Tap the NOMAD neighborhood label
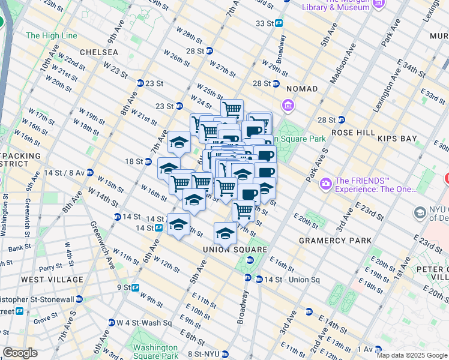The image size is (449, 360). tap(301, 89)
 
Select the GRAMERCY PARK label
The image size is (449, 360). tap(329, 241)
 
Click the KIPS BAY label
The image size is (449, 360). tap(397, 139)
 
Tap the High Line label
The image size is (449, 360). tap(51, 35)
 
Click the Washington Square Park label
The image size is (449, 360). tap(155, 352)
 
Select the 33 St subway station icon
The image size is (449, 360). tap(279, 23)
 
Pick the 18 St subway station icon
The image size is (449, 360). tap(148, 161)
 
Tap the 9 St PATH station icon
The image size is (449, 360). tap(136, 287)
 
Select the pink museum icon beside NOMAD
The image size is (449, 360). tap(288, 106)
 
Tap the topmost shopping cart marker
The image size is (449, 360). tap(231, 109)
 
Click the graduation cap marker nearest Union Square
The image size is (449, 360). tap(225, 232)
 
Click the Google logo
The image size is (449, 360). tap(20, 353)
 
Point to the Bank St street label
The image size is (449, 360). tap(19, 247)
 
